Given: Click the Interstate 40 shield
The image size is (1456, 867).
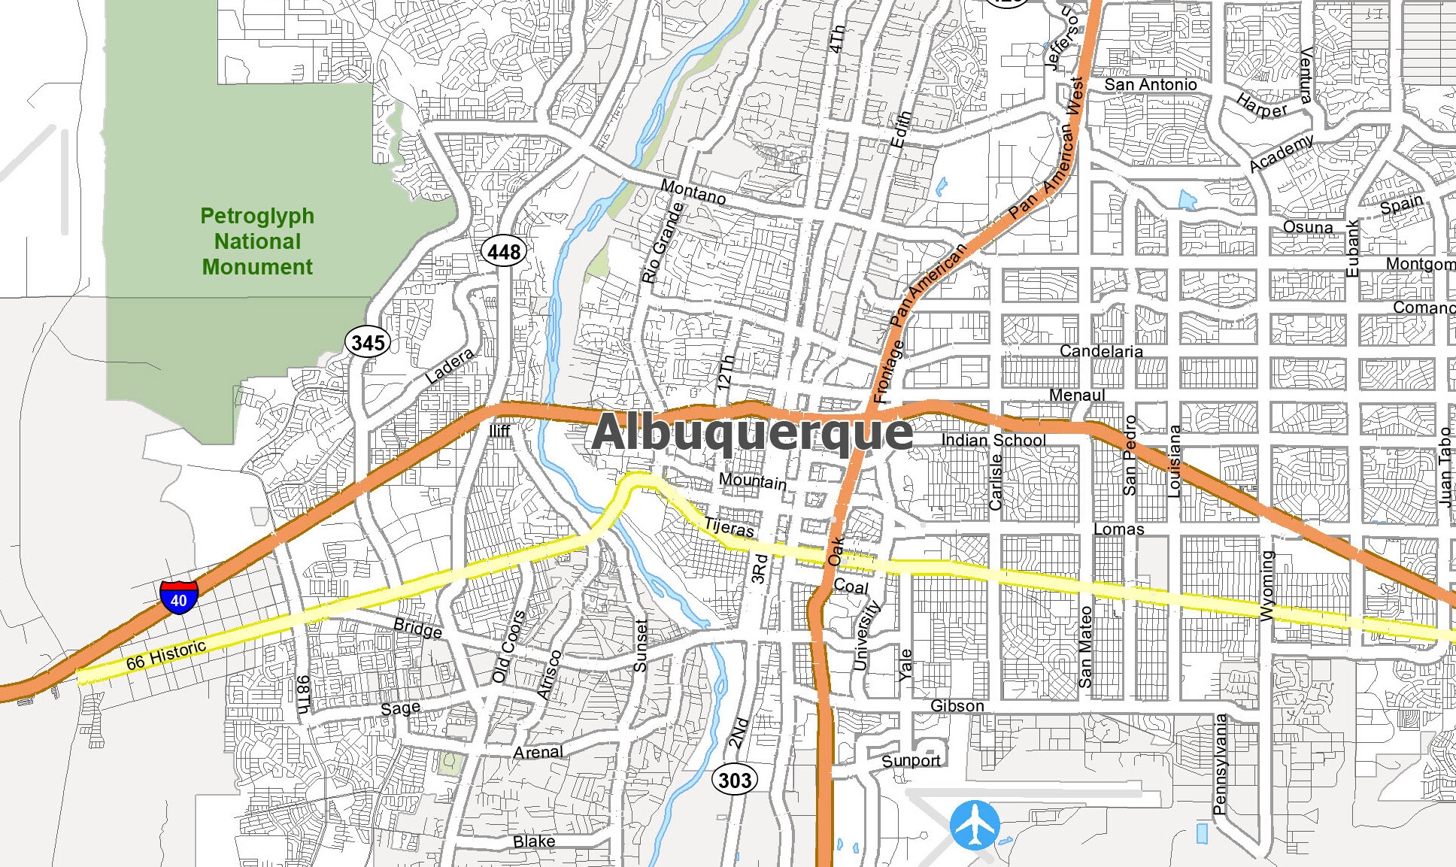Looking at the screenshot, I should click(179, 598).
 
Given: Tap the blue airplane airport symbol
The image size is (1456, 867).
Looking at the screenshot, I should click(975, 825).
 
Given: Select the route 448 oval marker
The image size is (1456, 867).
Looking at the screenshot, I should click(503, 252).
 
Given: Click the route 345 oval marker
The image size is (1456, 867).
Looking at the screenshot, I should click(368, 343).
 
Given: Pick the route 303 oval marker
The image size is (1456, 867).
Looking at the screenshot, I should click(734, 780).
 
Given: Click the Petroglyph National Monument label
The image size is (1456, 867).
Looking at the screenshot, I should click(257, 241).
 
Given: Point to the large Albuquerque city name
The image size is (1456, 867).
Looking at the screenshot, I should click(752, 433).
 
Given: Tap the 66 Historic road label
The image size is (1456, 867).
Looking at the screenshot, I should click(165, 655).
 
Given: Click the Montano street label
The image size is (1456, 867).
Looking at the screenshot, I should click(693, 191).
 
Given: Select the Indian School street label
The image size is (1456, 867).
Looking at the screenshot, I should click(993, 440).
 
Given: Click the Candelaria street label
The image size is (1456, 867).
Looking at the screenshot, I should click(1100, 351).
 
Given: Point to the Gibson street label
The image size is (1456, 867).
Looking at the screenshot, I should click(957, 706).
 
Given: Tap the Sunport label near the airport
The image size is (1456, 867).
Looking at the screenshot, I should click(911, 760).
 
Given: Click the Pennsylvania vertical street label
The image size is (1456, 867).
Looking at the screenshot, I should click(1219, 764).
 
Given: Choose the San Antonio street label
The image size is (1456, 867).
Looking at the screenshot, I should click(1150, 85).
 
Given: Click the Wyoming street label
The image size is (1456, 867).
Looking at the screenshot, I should click(1267, 586).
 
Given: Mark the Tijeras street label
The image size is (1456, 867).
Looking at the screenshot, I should click(729, 527).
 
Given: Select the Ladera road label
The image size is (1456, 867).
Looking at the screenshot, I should click(450, 366).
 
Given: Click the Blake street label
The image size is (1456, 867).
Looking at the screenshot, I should click(533, 841).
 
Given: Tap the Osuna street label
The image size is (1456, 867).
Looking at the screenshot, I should click(1307, 227).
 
